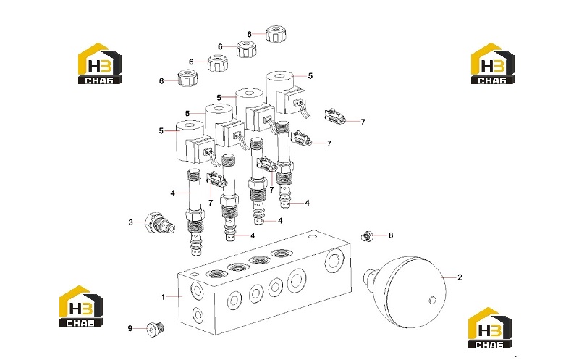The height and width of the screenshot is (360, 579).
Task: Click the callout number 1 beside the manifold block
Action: click(164, 297)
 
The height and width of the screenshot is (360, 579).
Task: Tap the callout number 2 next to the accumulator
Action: click(460, 277)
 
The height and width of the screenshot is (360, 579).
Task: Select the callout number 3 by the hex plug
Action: click(131, 222)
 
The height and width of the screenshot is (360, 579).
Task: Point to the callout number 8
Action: click(391, 235)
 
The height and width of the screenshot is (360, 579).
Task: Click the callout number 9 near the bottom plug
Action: click(130, 328)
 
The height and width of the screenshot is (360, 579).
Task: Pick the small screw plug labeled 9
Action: click(156, 328)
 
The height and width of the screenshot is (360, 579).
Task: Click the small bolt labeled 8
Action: click(366, 236)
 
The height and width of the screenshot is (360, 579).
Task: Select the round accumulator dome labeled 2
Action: click(406, 292)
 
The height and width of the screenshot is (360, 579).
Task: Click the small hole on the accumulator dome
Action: click(432, 300)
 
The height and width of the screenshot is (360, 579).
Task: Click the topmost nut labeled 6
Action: click(276, 33)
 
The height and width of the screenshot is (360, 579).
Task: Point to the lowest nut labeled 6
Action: click(187, 78)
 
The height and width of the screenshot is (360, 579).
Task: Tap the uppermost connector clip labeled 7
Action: click(335, 116)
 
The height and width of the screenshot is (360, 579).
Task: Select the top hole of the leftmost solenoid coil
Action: click(190, 126)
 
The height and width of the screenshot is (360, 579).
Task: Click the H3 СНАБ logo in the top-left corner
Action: click(100, 64)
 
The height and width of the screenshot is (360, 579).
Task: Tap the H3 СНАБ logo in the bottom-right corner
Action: click(490, 328)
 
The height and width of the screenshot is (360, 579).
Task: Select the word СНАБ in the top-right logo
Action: click(493, 80)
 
